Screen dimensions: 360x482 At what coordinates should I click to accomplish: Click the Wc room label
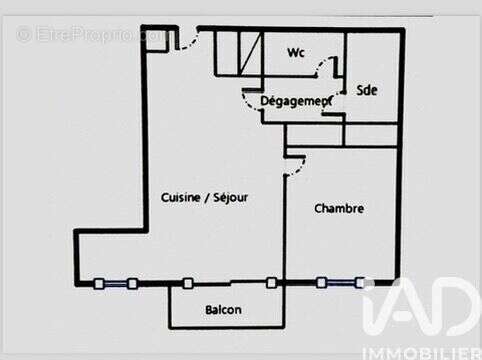296,52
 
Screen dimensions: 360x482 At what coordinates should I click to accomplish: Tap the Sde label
367,89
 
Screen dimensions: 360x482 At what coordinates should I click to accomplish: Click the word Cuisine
181,198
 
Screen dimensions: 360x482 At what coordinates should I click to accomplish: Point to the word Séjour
231,198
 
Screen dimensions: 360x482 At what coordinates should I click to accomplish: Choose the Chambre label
338,209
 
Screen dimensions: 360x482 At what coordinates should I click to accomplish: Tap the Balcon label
223,310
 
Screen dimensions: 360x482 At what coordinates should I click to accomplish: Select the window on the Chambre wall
339,282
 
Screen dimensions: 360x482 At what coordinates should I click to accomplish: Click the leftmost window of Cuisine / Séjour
115,284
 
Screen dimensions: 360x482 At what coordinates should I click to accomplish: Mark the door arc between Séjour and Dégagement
250,101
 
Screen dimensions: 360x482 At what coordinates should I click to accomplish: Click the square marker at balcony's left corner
187,283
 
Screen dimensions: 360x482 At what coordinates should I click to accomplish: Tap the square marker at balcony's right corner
271,283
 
